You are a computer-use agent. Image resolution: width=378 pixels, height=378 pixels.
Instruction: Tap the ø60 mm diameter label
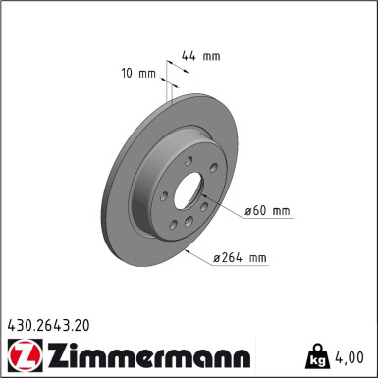coord(268,211)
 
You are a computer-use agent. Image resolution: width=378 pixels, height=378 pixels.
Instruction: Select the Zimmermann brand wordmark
coord(143,353)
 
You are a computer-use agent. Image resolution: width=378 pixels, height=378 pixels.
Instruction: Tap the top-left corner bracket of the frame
coord(5,5)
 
